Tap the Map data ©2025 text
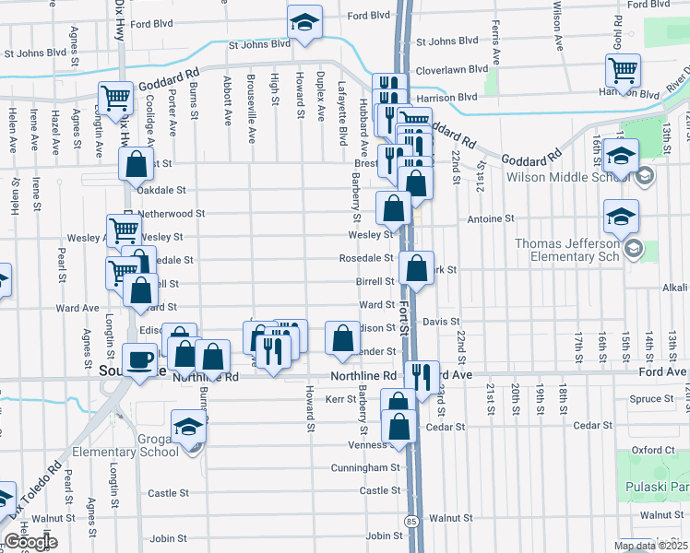pos(648,546)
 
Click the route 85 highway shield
pos(409,521)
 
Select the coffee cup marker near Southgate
pos(140,359)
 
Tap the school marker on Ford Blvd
pos(303,22)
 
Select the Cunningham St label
pos(366,468)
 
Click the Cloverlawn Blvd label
pos(452,69)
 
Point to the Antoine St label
pos(490,219)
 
